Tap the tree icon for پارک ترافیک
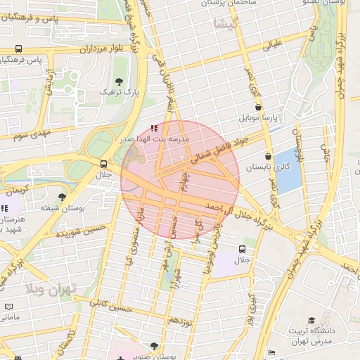pos(119,82)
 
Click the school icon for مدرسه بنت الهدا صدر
pos(153,129)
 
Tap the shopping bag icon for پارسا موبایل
pos(259,108)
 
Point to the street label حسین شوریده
pos(83,229)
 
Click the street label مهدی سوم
pos(28,133)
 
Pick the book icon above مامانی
pos(9,307)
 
